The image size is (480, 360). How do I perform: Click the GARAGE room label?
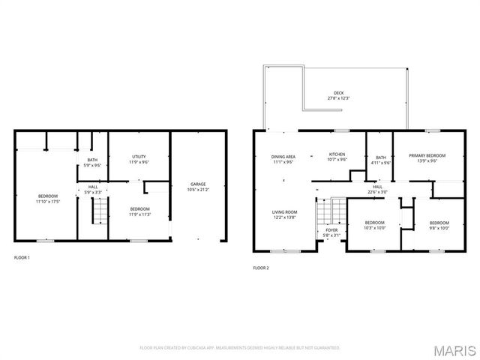pyautogui.click(x=198, y=184)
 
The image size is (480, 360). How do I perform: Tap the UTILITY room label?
pyautogui.click(x=139, y=156)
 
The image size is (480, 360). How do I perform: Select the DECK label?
pyautogui.click(x=339, y=94)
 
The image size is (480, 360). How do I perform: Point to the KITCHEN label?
pyautogui.click(x=337, y=154)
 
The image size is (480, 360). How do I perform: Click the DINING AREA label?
pyautogui.click(x=283, y=156)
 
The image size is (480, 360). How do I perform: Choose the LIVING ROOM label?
pyautogui.click(x=284, y=211)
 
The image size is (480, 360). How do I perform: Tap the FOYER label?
pyautogui.click(x=331, y=230)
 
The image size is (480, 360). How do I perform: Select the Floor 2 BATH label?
pyautogui.click(x=381, y=157)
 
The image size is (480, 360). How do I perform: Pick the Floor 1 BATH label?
pyautogui.click(x=92, y=159)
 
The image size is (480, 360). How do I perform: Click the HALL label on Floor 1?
pyautogui.click(x=92, y=187)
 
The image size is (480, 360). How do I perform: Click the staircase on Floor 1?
pyautogui.click(x=96, y=213)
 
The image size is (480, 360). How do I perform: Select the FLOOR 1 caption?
pyautogui.click(x=23, y=257)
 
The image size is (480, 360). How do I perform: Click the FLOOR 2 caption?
pyautogui.click(x=260, y=268)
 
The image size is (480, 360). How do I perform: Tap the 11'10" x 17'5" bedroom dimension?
pyautogui.click(x=47, y=202)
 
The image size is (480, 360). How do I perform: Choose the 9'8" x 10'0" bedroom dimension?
pyautogui.click(x=439, y=227)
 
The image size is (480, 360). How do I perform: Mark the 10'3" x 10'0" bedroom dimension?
pyautogui.click(x=374, y=227)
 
